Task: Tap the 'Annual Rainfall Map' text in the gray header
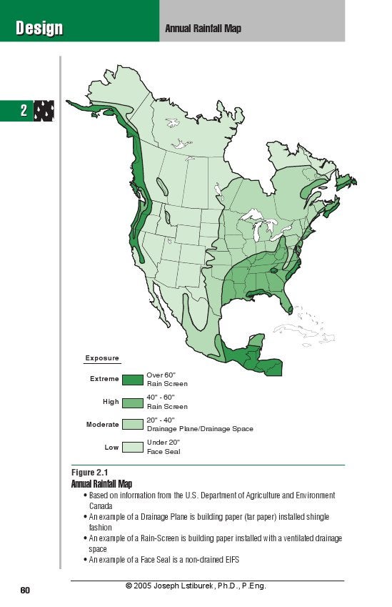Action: click(203, 29)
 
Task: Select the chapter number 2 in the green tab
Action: click(23, 112)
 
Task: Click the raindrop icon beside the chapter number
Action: click(44, 112)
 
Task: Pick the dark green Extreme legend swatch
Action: click(132, 379)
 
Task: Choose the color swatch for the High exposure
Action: click(132, 403)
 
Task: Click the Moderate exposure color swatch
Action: click(132, 425)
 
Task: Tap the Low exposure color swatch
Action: click(132, 448)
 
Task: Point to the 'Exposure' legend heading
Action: click(102, 358)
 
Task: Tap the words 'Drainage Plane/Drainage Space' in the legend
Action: click(199, 429)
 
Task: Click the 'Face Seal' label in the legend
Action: click(163, 452)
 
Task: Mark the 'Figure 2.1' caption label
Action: click(89, 473)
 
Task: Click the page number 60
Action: click(25, 590)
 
